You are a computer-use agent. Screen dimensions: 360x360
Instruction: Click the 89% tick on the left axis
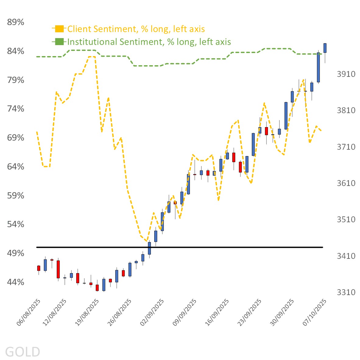coord(16,22)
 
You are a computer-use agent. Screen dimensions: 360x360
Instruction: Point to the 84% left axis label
coord(16,51)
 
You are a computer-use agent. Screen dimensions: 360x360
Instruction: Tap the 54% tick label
coord(16,224)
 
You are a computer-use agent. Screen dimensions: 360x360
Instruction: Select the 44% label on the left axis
coord(16,282)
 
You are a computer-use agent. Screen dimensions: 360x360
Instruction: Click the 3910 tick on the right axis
coord(346,74)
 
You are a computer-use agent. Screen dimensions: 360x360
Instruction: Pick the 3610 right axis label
coord(346,183)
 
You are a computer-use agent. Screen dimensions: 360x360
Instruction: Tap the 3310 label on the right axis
coord(346,292)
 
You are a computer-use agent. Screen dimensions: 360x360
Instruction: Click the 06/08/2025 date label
coord(29,312)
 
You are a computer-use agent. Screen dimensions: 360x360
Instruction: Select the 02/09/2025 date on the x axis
coord(152,312)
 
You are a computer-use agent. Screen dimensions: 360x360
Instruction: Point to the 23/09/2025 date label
coord(250,312)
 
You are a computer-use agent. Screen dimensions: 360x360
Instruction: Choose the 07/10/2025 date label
coord(315,312)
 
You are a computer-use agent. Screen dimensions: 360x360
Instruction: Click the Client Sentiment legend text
coord(136,29)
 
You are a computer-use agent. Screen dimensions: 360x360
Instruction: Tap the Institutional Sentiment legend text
coord(149,42)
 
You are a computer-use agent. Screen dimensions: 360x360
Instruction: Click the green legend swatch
coord(59,42)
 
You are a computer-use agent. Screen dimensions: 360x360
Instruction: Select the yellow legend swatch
coord(59,29)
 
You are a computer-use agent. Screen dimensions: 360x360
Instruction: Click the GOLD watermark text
coord(23,352)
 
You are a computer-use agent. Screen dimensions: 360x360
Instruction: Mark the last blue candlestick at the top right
coord(325,48)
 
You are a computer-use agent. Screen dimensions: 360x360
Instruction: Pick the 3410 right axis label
coord(346,256)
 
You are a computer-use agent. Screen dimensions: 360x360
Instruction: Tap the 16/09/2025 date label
coord(217,312)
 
